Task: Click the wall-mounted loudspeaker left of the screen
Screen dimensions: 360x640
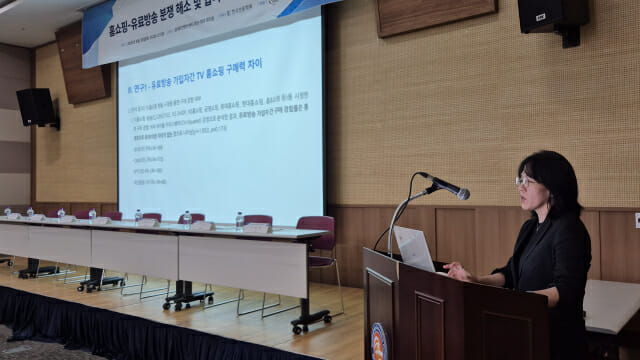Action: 36,106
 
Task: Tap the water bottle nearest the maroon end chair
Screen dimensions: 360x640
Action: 239,220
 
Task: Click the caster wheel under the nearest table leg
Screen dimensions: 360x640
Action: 297,327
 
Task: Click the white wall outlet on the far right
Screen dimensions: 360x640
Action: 636,220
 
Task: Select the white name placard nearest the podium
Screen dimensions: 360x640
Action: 257,228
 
